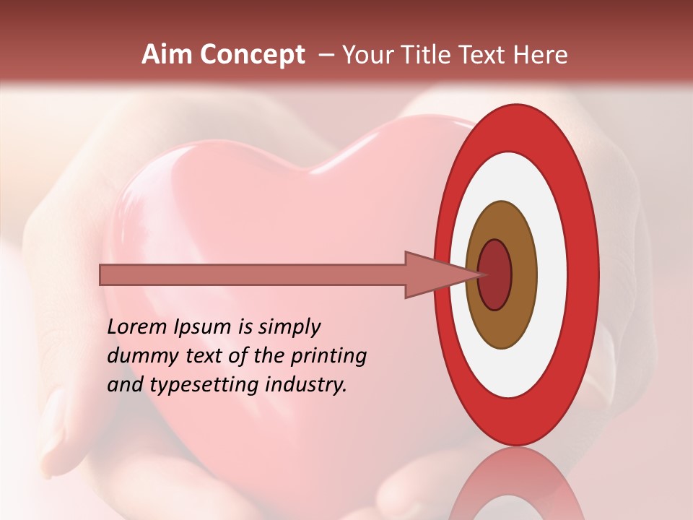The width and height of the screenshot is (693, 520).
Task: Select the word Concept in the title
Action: pos(252,55)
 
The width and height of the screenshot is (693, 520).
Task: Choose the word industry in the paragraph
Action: pos(306,385)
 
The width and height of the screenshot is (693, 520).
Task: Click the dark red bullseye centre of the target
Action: pos(495,274)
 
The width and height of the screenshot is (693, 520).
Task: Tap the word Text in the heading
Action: pos(481,55)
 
